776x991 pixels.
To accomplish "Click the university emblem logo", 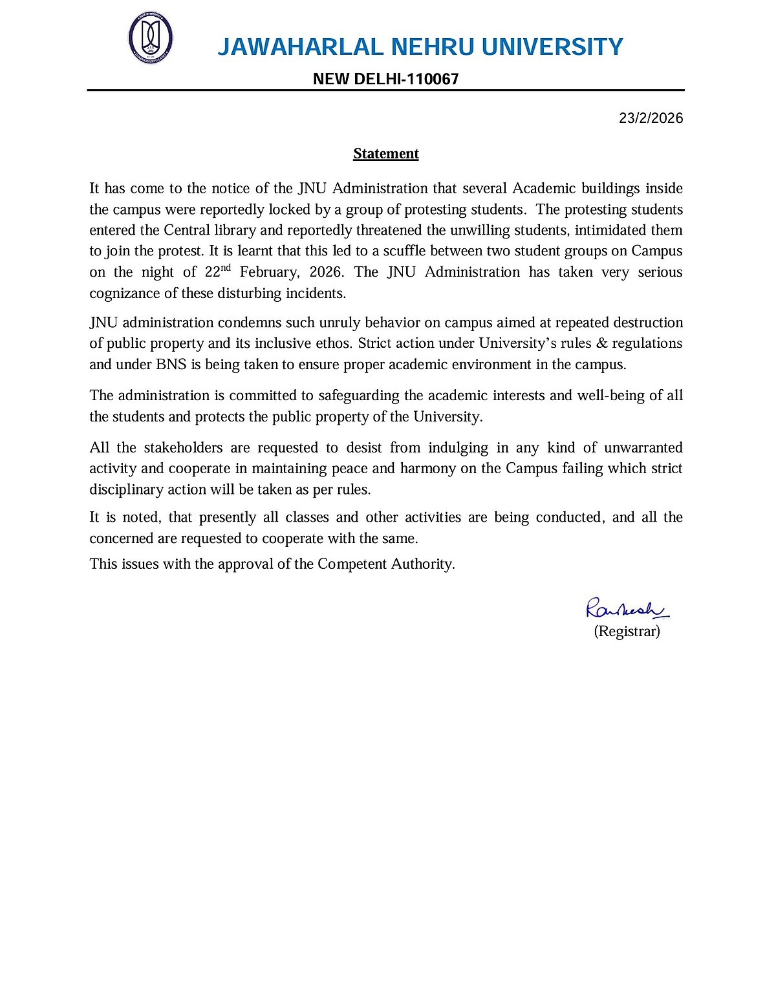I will pyautogui.click(x=150, y=37).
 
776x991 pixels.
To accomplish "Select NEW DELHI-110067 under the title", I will pyautogui.click(x=385, y=79).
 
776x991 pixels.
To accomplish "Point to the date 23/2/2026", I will pyautogui.click(x=651, y=118).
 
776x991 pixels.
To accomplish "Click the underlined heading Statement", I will pyautogui.click(x=385, y=154).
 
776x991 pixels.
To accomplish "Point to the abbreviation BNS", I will pyautogui.click(x=171, y=365).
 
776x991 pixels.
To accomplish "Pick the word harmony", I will pyautogui.click(x=428, y=469).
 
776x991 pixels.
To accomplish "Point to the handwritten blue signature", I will pyautogui.click(x=626, y=609).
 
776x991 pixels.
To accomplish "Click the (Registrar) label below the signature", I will pyautogui.click(x=627, y=632).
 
